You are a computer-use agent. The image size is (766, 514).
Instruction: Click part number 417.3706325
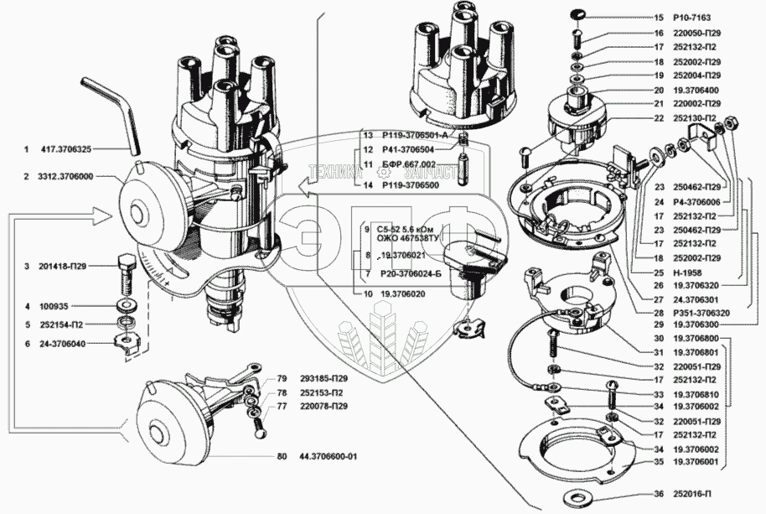coord(66,149)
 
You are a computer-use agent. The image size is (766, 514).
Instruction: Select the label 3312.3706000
coord(66,178)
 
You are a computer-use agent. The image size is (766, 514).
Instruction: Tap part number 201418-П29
coord(66,266)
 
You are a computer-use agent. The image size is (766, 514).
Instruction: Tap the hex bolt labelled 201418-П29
coord(126,266)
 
